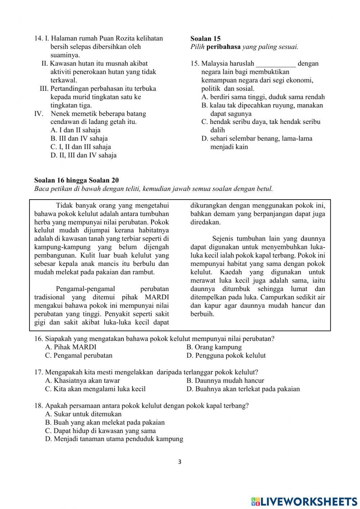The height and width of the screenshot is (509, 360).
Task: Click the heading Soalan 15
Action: (x=205, y=39)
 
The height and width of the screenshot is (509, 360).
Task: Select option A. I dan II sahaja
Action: (x=75, y=130)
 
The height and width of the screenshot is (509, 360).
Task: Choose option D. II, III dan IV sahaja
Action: (x=83, y=155)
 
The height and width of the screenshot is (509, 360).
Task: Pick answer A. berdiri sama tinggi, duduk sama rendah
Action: (x=263, y=97)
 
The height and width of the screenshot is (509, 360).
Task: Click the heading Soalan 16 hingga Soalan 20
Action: (x=76, y=180)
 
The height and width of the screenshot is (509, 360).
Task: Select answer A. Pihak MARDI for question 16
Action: (x=71, y=347)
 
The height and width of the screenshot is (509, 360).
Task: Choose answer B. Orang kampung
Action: (x=214, y=347)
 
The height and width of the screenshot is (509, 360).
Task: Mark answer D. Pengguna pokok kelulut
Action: (x=226, y=356)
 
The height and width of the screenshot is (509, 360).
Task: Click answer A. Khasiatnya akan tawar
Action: (x=82, y=380)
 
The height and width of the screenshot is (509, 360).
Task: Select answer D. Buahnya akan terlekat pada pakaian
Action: (x=243, y=389)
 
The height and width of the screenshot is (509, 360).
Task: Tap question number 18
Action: (x=39, y=406)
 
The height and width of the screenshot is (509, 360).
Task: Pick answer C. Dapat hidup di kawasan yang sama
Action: (x=100, y=431)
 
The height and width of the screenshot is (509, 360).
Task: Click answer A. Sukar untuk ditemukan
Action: (x=83, y=414)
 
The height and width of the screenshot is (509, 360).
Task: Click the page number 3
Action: (x=180, y=462)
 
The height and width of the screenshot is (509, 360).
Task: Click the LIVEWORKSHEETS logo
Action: (x=304, y=501)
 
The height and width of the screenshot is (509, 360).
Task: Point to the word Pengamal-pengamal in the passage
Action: (x=85, y=289)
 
